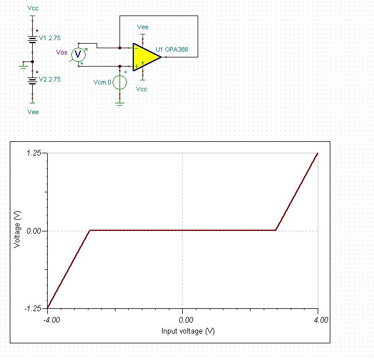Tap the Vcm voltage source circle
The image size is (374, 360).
(119, 83)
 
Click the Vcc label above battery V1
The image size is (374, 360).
(33, 9)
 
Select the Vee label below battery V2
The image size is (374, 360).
(33, 112)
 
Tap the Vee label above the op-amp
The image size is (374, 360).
(143, 26)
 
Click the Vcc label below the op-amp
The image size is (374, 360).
(142, 89)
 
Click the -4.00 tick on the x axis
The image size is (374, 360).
(51, 320)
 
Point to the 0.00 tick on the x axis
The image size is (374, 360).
(182, 320)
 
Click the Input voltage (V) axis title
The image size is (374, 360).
(188, 331)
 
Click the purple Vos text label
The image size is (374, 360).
(62, 52)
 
